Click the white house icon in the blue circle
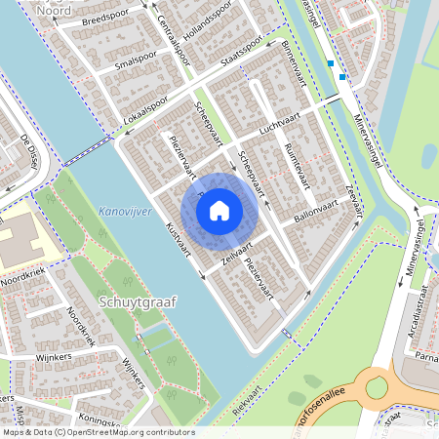click(x=220, y=209)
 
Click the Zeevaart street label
click(x=353, y=199)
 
